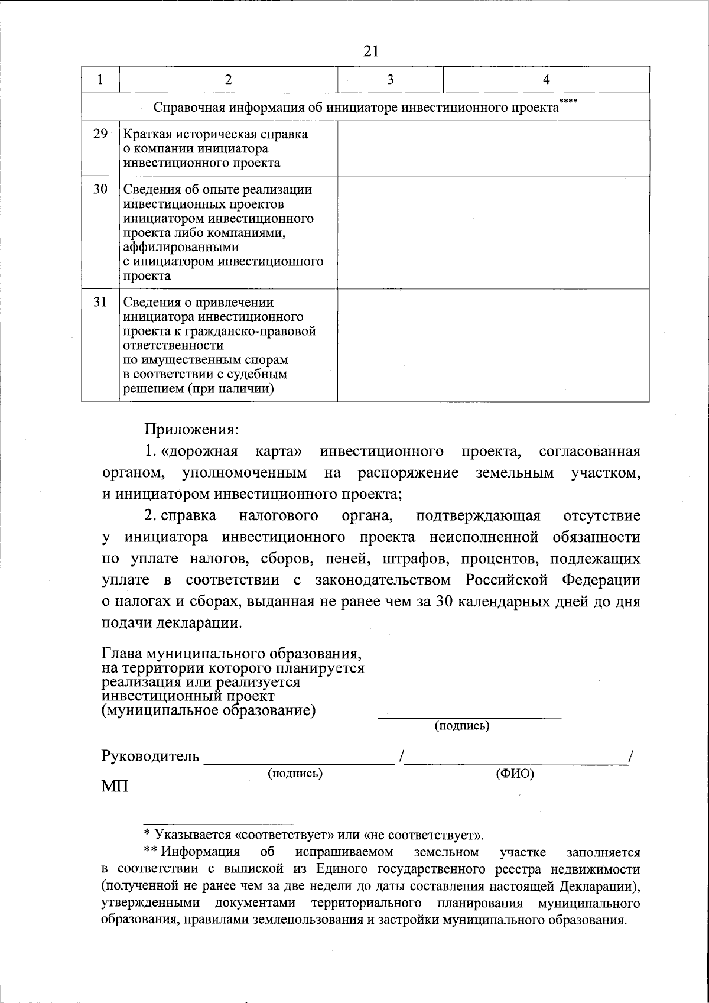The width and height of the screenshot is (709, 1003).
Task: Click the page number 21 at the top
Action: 370,51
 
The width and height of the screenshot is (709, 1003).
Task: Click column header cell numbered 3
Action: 390,80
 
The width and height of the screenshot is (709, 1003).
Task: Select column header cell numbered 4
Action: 546,80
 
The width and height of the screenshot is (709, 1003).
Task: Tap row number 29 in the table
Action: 100,134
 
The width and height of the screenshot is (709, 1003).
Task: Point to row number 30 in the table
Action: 100,190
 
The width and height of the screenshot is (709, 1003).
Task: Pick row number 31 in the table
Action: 100,302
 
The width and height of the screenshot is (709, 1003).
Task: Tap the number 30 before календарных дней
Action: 444,602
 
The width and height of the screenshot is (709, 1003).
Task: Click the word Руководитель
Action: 151,757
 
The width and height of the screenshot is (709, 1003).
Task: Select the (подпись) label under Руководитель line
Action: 295,773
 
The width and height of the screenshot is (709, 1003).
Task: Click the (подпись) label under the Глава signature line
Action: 462,725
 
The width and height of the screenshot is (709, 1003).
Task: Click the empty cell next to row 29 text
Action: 493,148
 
